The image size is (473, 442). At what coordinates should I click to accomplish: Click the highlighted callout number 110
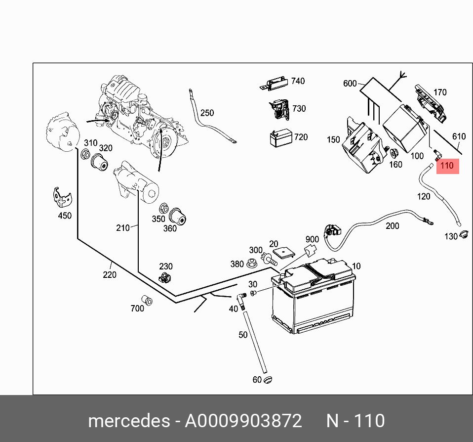coord(446,166)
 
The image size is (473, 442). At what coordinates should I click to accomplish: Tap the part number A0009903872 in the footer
coord(243,421)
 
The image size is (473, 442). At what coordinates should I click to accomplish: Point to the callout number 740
coord(298,81)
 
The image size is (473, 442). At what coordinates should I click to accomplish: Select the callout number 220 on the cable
coord(110,274)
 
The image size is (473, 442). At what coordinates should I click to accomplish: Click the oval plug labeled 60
coord(268,379)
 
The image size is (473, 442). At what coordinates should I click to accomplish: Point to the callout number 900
coord(312,239)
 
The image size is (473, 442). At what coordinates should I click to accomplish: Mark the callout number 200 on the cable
coord(392,226)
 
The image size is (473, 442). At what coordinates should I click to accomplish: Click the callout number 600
coord(350,84)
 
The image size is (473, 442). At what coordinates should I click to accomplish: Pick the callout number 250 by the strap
coord(207,113)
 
